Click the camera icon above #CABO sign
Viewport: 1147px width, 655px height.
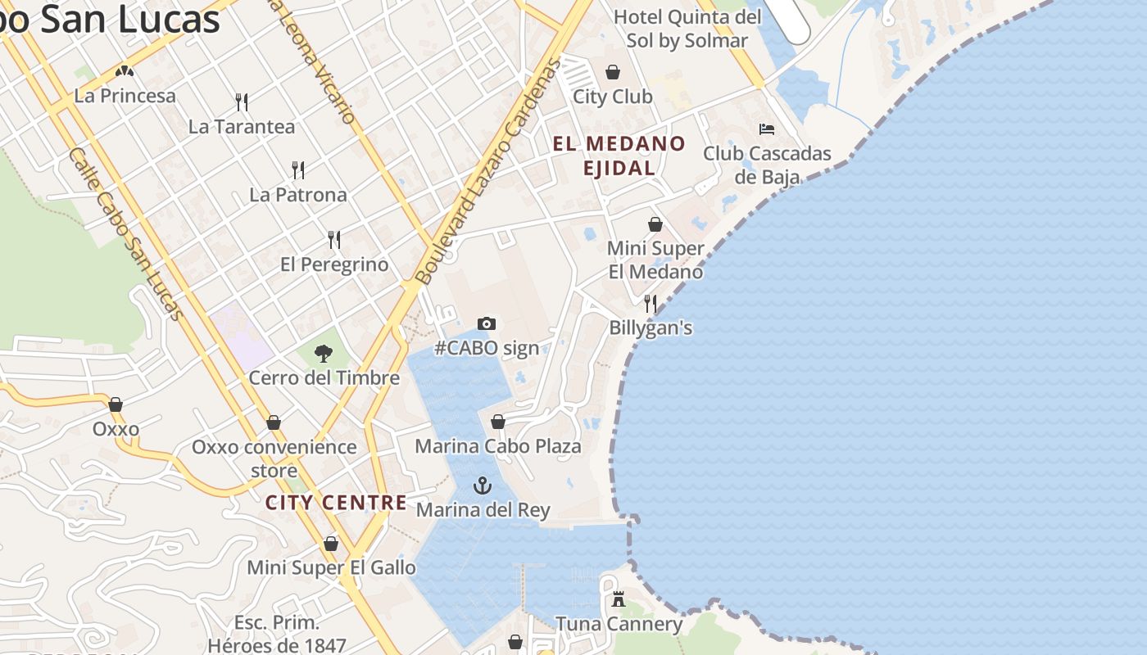(487, 324)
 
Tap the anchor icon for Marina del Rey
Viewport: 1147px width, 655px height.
(483, 486)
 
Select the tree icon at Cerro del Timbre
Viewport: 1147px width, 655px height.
(324, 354)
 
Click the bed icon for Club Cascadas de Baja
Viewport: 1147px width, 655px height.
(767, 129)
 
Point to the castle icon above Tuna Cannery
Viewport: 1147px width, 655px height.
(619, 600)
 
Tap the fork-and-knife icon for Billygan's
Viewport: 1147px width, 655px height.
(651, 304)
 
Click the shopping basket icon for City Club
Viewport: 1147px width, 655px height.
(613, 72)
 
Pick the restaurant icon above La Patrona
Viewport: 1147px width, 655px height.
(298, 170)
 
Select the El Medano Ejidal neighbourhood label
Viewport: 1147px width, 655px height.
(619, 156)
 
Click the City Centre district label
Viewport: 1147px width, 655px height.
(336, 503)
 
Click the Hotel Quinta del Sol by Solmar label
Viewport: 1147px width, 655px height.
(687, 29)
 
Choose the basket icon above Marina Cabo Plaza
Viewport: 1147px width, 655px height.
(498, 422)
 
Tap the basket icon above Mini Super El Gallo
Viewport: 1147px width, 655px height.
(331, 544)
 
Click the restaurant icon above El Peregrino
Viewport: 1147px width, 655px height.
(334, 240)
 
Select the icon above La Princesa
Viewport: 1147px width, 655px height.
(125, 72)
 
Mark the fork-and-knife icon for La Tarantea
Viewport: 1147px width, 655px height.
(242, 102)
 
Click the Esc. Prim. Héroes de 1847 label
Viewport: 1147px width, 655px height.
(277, 634)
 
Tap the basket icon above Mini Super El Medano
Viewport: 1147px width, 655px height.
(655, 224)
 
